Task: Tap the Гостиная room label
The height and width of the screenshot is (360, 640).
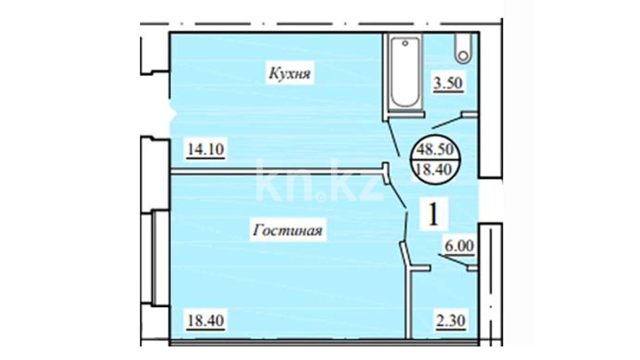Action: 288,230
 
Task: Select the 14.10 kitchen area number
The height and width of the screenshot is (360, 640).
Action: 206,149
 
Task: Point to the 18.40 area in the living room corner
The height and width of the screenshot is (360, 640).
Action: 205,320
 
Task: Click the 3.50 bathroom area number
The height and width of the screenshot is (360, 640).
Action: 448,83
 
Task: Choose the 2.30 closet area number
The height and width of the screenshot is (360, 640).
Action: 451,321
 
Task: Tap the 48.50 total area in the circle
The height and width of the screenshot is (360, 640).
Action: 435,149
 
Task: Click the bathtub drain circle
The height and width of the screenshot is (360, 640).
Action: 405,43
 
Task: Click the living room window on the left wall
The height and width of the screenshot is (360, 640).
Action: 156,258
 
